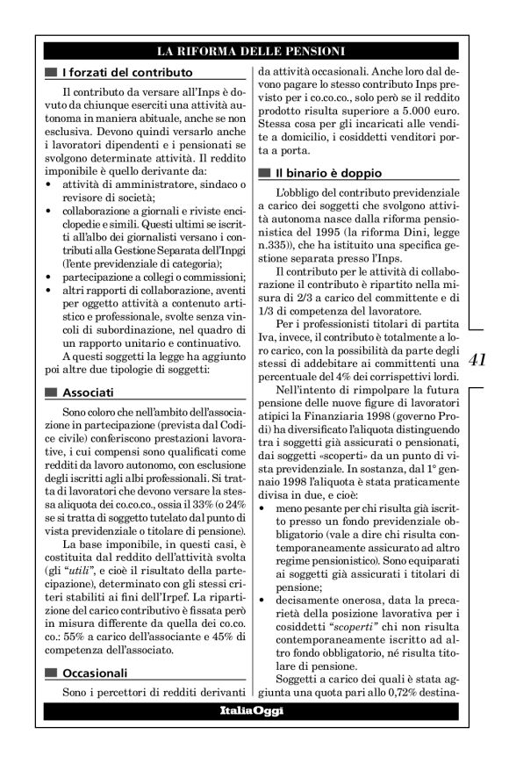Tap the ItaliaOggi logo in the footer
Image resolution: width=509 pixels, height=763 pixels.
tap(251, 710)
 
